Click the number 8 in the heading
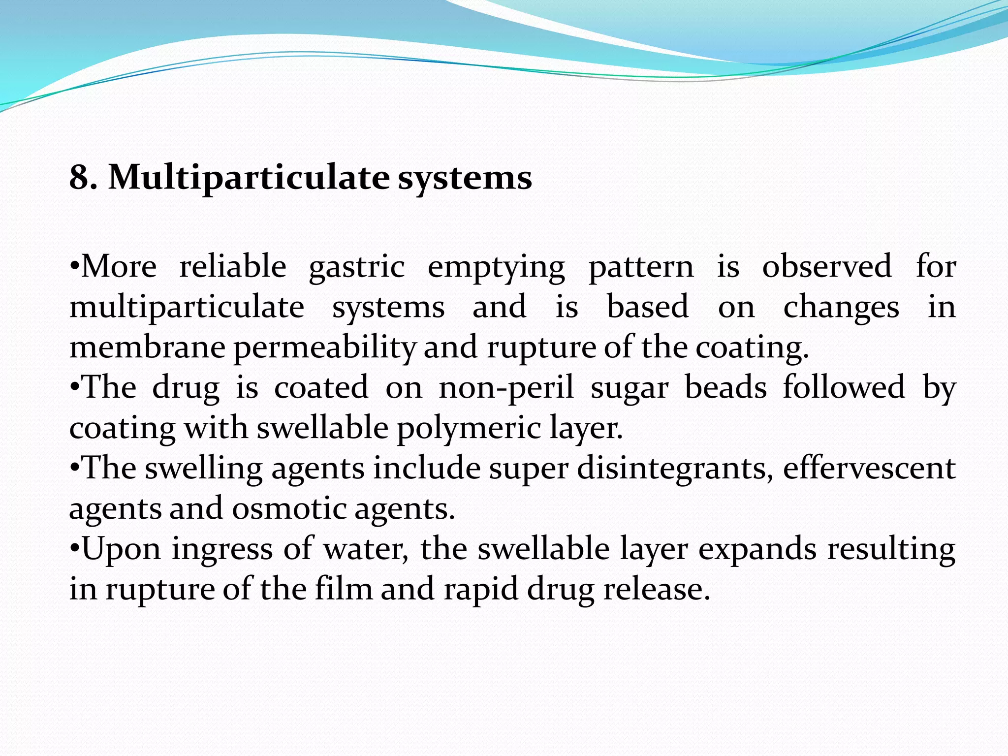[x=79, y=177]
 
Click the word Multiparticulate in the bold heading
[x=249, y=178]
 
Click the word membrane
[x=147, y=347]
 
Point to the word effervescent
[x=869, y=468]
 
